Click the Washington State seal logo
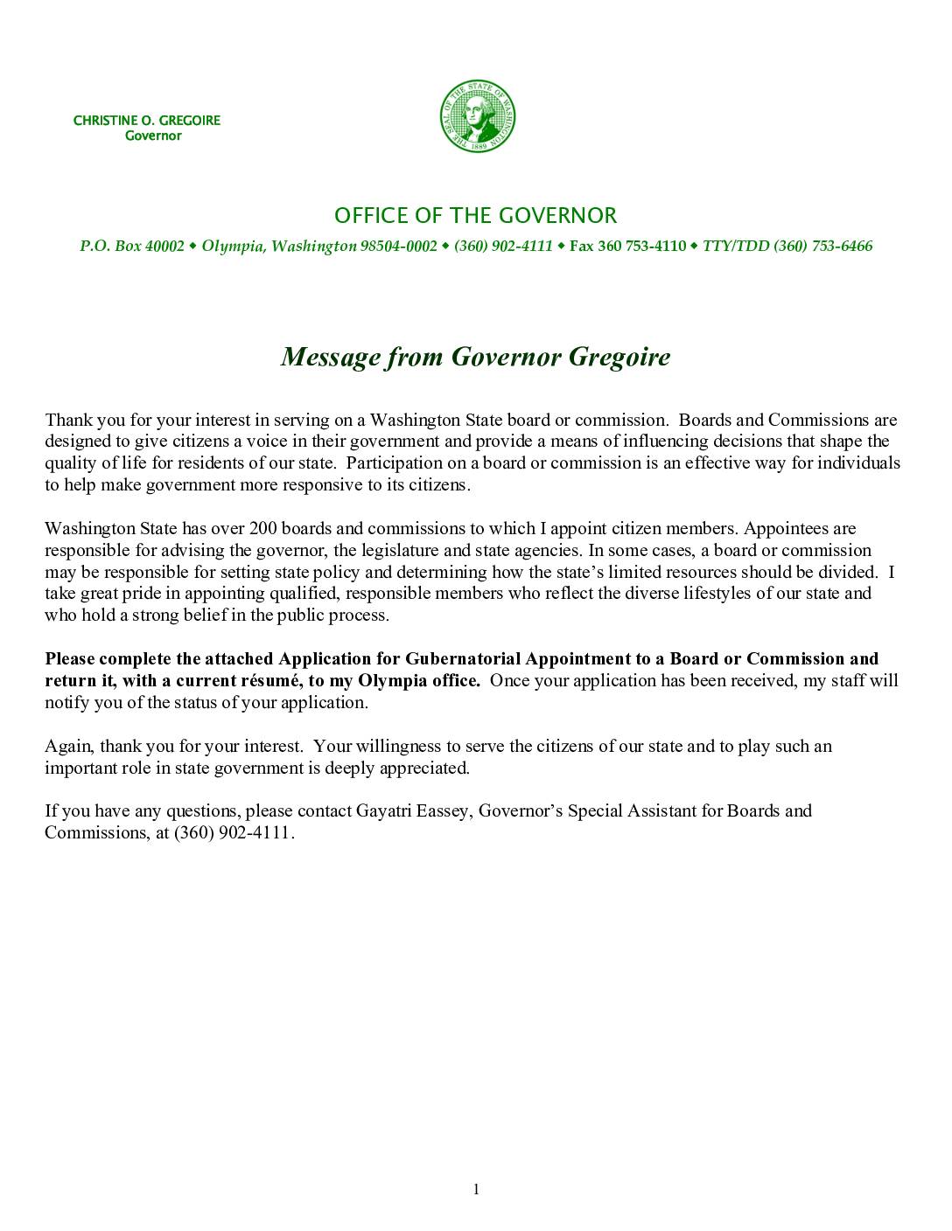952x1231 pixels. click(476, 115)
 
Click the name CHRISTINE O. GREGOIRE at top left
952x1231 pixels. click(147, 121)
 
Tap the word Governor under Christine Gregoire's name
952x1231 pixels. click(153, 136)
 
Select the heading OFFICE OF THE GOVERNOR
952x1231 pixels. click(476, 216)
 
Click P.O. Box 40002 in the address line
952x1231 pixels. click(132, 247)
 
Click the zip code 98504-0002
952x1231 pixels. click(398, 247)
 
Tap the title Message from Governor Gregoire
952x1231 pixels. click(476, 357)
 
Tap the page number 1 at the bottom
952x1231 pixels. click(476, 1188)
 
